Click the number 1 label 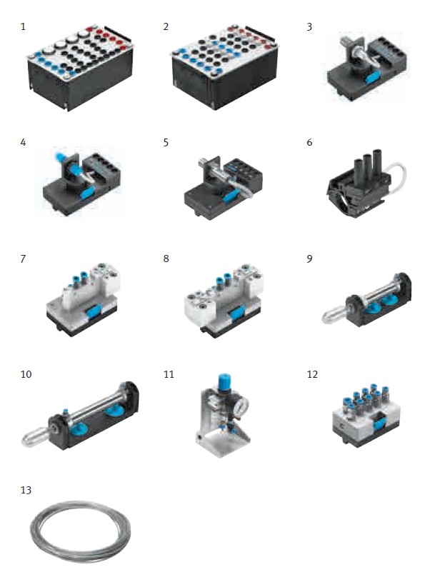tap(23, 26)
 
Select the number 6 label tap(309, 142)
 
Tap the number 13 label tap(26, 490)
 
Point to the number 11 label tap(169, 374)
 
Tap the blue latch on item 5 tap(229, 197)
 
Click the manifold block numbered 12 tap(366, 414)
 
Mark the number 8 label tap(166, 259)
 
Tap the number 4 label tap(23, 142)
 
